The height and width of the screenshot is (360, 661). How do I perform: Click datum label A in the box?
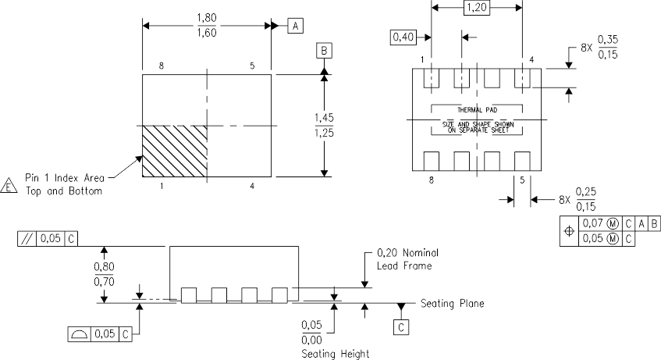click(295, 26)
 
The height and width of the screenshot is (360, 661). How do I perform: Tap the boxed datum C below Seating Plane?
click(400, 328)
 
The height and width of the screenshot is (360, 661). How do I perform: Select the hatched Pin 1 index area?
click(174, 152)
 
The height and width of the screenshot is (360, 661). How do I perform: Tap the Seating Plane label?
click(453, 303)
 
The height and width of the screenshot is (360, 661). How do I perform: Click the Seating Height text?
click(335, 354)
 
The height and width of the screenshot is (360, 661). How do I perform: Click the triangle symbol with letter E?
click(9, 185)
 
